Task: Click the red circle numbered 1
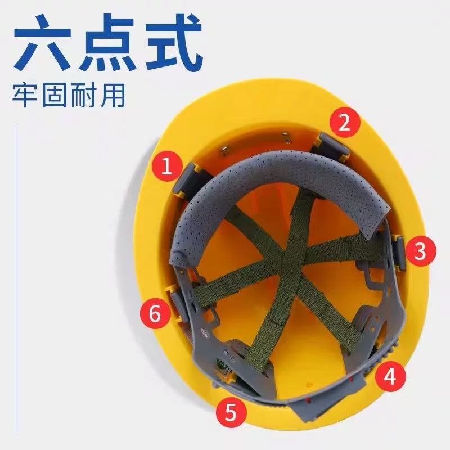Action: point(167,166)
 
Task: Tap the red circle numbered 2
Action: point(345,124)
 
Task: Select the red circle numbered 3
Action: point(420,251)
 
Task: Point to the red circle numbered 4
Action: point(390,376)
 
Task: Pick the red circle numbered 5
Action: point(231,413)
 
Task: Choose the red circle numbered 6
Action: point(155,313)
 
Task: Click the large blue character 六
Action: point(43,42)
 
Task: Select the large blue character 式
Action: point(173,42)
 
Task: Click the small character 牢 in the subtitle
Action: point(25,96)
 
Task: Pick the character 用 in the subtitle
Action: point(113,96)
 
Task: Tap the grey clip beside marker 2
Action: point(331,146)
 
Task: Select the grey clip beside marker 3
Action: point(399,253)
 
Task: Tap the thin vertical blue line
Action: point(17,279)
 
